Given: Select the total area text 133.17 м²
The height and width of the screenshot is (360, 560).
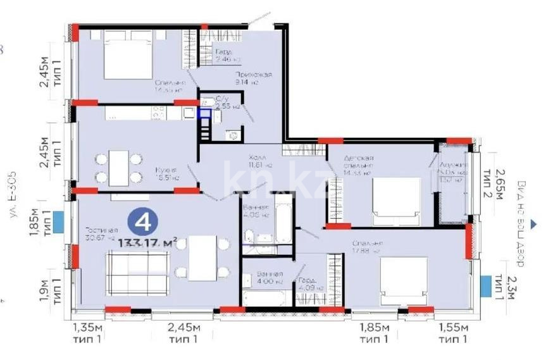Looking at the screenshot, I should [x=146, y=241].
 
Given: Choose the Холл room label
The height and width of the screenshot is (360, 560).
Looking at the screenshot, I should [x=258, y=156].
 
